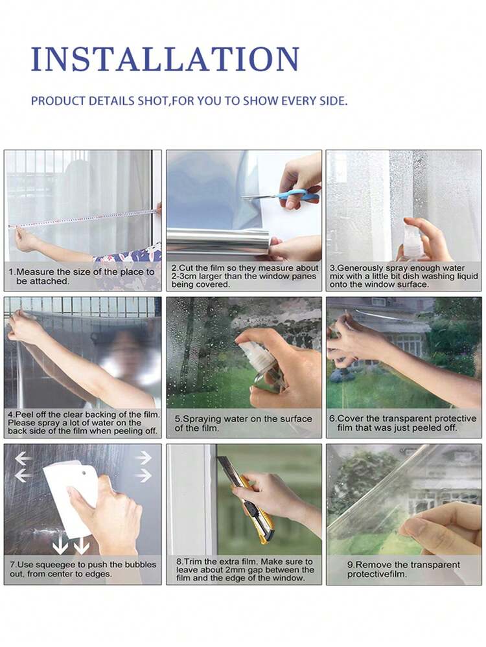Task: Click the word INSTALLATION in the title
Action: coord(165,59)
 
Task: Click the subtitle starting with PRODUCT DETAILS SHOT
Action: coord(189,102)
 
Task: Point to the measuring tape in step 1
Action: coord(84,219)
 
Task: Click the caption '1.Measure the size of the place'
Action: coord(82,277)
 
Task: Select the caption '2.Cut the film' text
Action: coord(244,277)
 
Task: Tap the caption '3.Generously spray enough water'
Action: coord(404,277)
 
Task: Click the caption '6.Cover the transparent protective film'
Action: coord(403,424)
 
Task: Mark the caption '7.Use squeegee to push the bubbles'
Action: coord(83,569)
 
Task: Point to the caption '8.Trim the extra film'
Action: coord(244,569)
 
